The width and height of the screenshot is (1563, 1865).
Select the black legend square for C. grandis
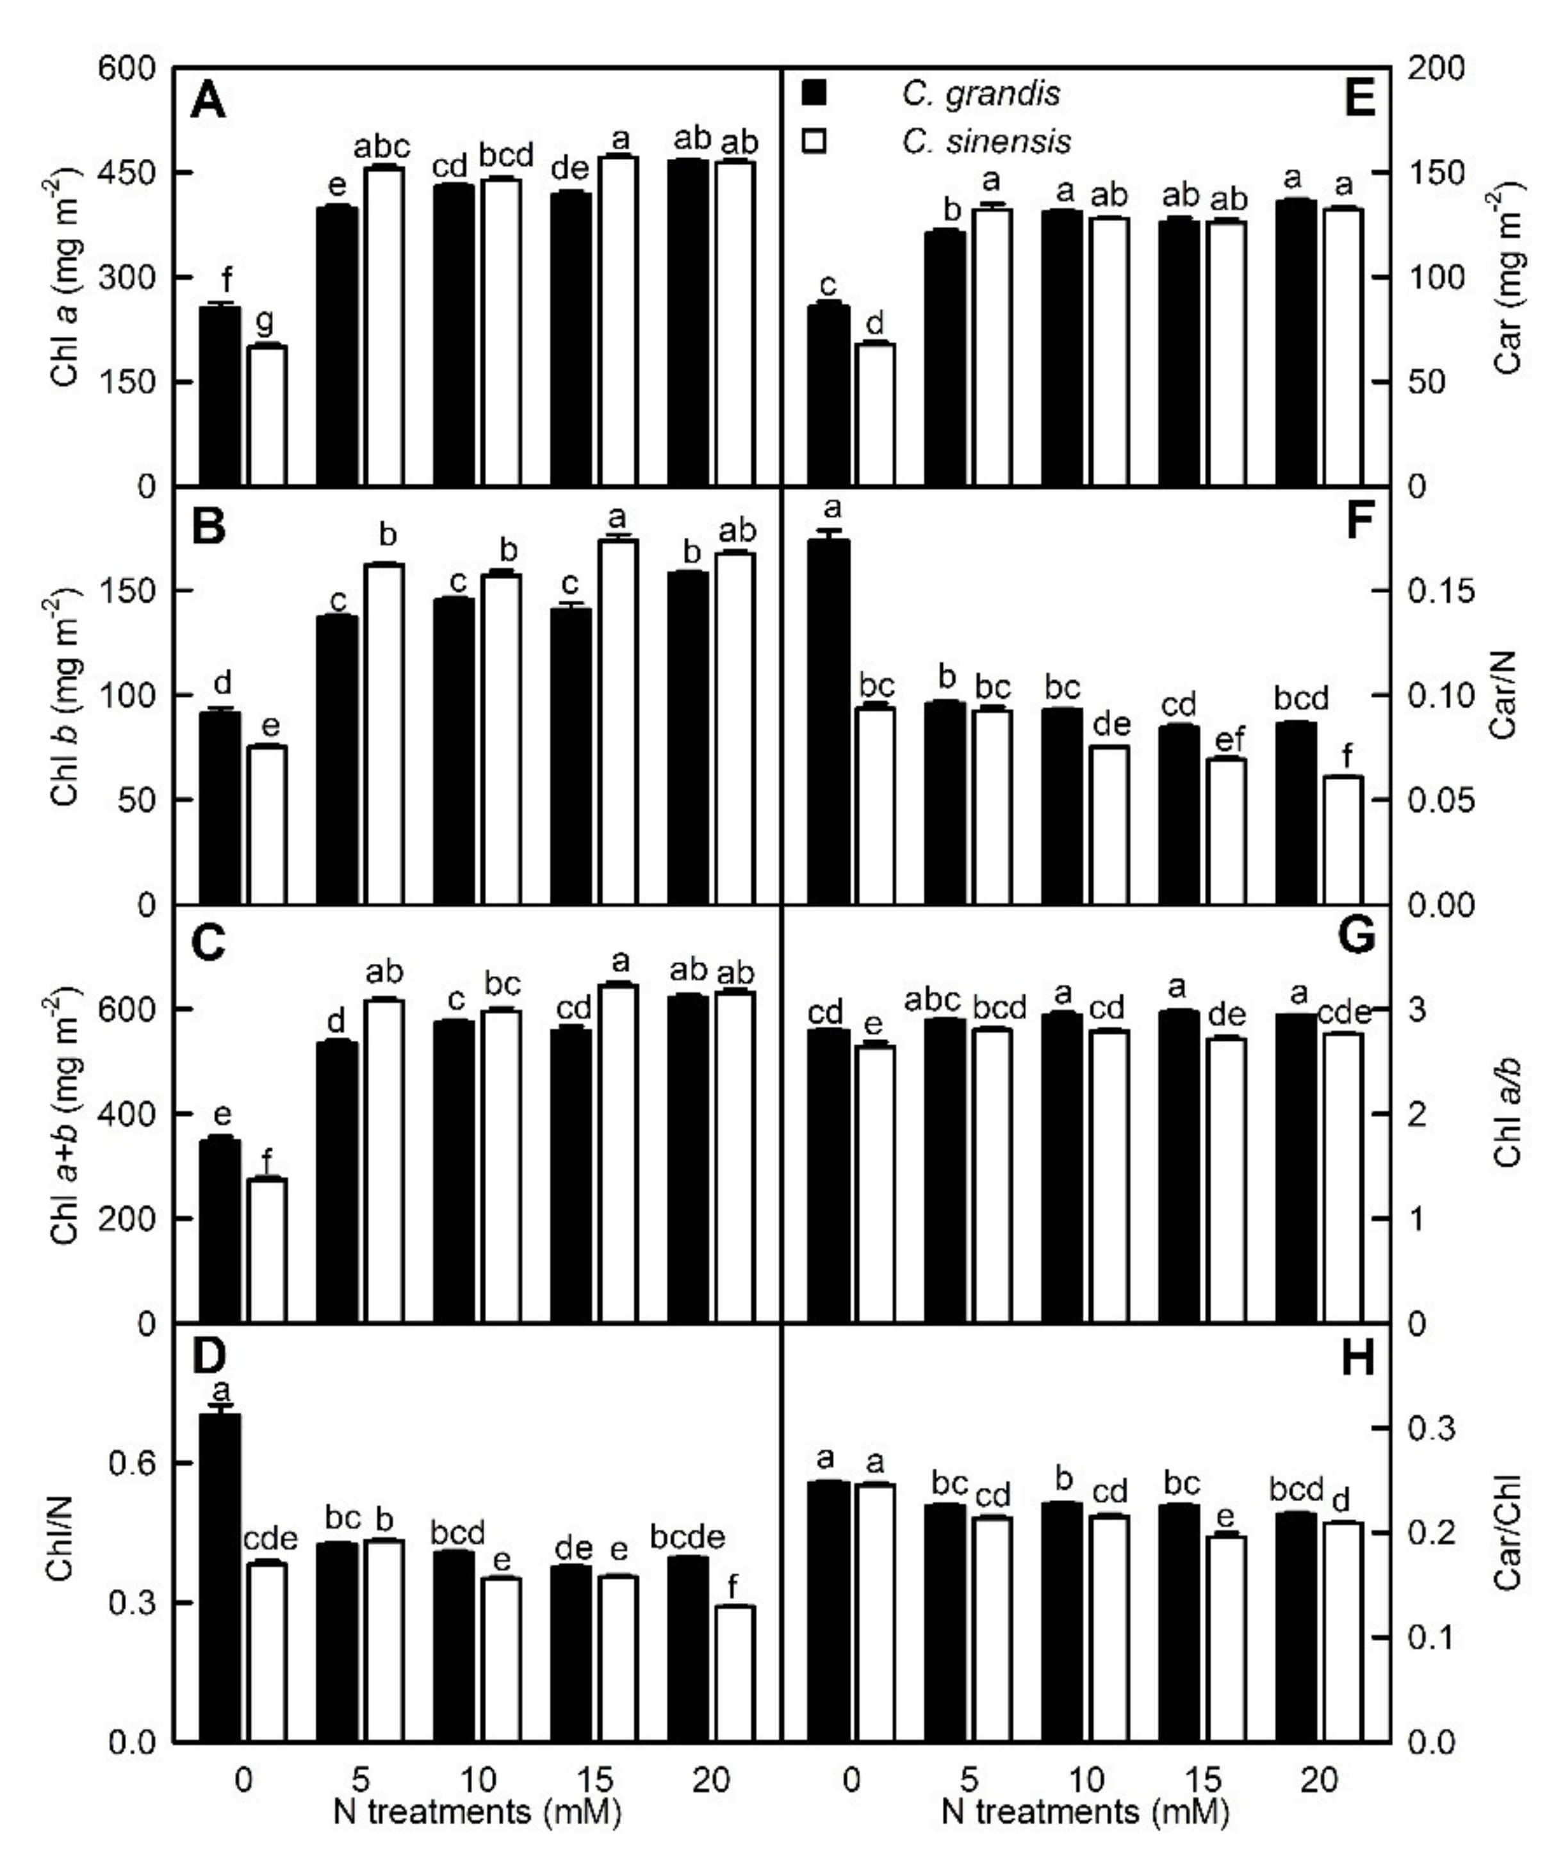click(814, 92)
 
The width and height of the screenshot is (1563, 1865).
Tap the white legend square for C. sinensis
click(814, 140)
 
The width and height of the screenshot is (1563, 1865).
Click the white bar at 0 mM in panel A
click(266, 415)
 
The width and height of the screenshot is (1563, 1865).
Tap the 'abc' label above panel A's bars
click(383, 145)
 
